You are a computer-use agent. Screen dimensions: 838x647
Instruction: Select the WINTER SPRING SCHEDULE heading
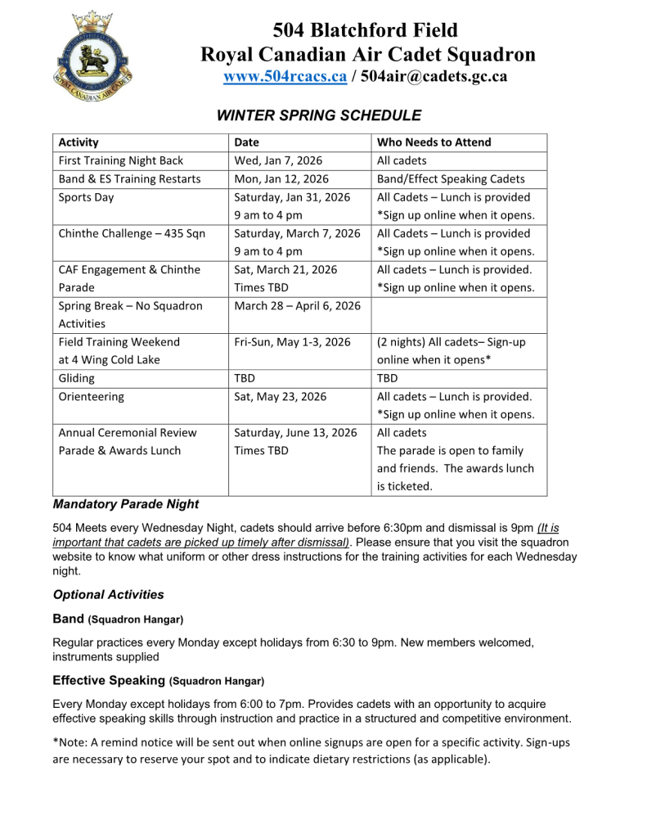click(318, 115)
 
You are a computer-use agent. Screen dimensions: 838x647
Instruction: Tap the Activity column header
click(79, 142)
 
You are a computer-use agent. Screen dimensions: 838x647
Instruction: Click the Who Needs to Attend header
click(434, 142)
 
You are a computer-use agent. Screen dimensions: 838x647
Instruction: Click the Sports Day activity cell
click(86, 197)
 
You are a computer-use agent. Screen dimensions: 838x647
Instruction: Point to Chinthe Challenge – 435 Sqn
click(132, 233)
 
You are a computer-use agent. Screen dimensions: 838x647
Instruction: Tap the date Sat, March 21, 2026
click(285, 269)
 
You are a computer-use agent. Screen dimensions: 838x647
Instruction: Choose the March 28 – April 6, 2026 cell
click(297, 305)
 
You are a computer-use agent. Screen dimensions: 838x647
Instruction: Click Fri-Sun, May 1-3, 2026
click(292, 341)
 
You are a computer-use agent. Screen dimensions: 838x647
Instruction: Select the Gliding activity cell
click(76, 378)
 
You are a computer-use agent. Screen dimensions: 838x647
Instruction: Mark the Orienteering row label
click(91, 396)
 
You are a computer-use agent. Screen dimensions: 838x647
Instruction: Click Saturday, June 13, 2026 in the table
click(295, 432)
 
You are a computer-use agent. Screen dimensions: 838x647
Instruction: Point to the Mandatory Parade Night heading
click(125, 504)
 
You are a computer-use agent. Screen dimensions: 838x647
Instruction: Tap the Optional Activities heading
click(108, 595)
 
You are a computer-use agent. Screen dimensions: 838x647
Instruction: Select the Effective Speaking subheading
click(109, 680)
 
